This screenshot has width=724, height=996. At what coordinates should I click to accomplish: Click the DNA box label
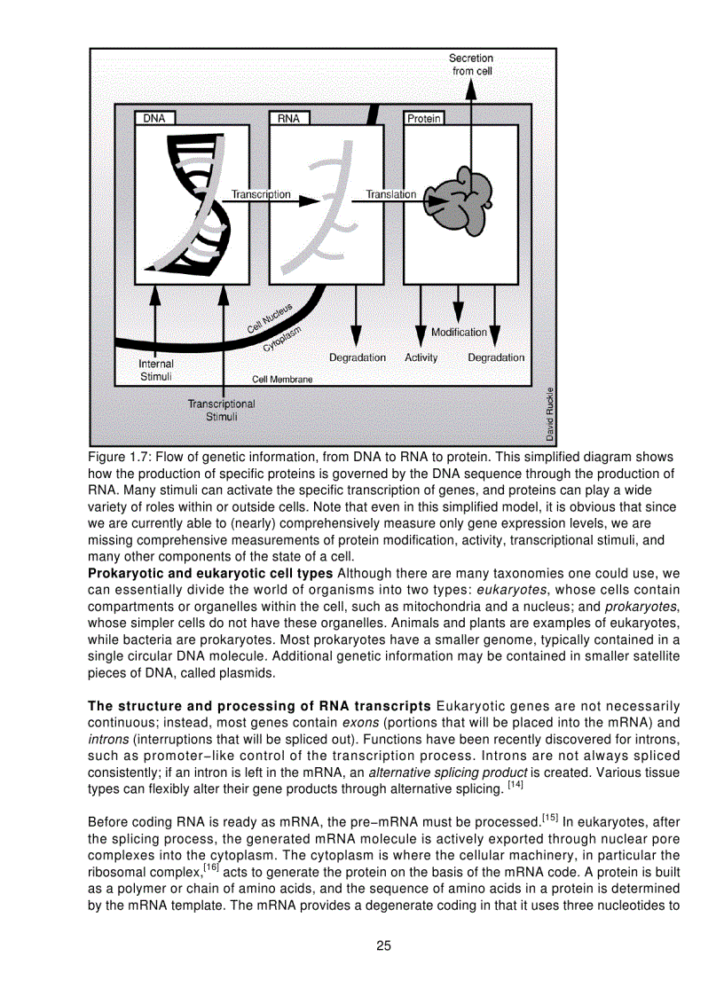click(x=154, y=118)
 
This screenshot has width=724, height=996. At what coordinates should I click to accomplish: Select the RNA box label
click(x=288, y=118)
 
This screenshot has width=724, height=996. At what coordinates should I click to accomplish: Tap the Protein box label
click(x=424, y=118)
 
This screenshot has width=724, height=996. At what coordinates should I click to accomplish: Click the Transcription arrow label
click(x=261, y=194)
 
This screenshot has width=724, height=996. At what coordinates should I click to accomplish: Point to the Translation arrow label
click(x=391, y=194)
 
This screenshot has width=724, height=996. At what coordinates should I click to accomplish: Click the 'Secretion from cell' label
click(x=471, y=65)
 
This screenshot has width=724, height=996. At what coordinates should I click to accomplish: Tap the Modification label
click(x=459, y=332)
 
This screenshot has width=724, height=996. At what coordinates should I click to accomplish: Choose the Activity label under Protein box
click(x=421, y=357)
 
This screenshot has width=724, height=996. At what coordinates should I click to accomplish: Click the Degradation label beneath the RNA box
click(x=358, y=357)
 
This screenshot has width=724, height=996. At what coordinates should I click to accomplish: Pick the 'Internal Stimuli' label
click(x=156, y=370)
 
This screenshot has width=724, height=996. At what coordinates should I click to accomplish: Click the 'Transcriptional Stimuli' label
click(x=221, y=410)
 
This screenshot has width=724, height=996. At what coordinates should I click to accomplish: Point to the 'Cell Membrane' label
click(x=282, y=379)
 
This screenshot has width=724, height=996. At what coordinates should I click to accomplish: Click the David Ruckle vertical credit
click(x=550, y=414)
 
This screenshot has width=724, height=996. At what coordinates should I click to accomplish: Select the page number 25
click(x=383, y=945)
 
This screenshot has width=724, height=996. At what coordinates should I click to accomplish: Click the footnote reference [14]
click(x=515, y=786)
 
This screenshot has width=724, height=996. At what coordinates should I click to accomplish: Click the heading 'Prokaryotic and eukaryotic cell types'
click(x=210, y=574)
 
